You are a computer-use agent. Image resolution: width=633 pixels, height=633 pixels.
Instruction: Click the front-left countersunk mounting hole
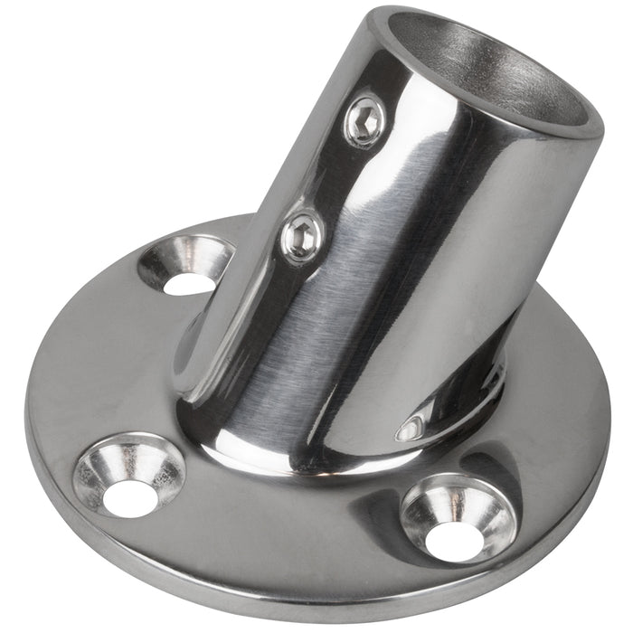129,476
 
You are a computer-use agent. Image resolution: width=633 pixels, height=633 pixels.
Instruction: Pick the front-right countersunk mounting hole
458,517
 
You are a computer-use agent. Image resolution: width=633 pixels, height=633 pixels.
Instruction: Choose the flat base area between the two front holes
289,534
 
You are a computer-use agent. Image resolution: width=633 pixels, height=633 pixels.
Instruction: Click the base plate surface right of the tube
552,380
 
